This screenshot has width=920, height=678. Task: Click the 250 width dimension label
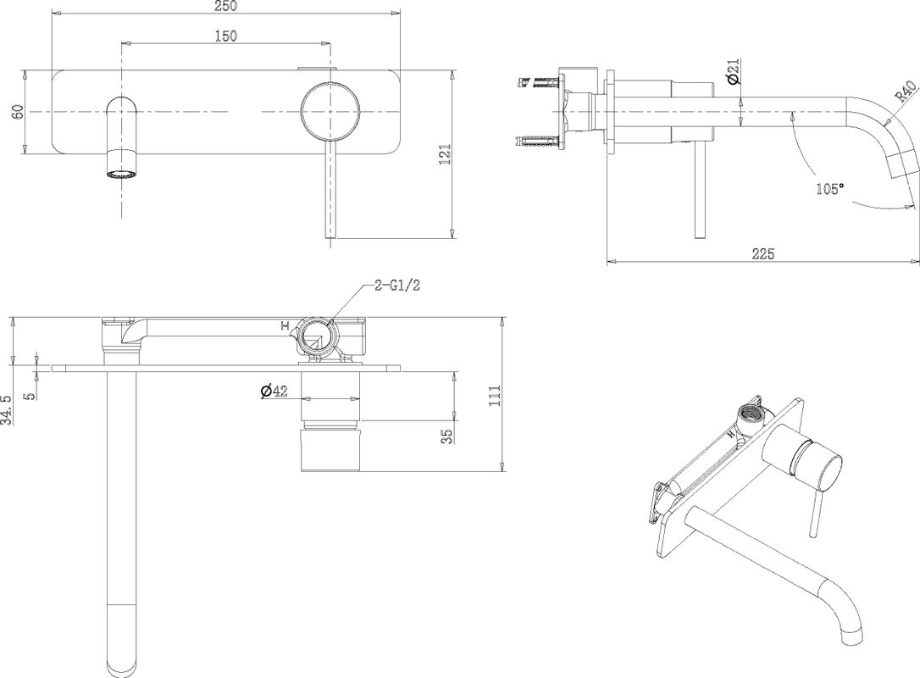[225, 6]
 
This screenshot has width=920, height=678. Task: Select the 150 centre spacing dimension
[225, 36]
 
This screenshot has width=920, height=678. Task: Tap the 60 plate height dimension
[18, 112]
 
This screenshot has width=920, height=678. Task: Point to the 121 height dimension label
[446, 154]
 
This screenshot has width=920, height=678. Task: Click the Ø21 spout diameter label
[732, 71]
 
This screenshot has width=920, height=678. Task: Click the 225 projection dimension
[763, 253]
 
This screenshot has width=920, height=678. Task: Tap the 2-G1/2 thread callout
[398, 286]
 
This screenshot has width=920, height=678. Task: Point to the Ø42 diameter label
[274, 391]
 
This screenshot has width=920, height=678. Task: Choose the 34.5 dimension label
[7, 409]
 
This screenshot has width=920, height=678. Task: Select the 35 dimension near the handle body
[446, 436]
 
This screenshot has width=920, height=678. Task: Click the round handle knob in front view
[330, 112]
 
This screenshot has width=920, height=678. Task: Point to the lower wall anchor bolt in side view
[536, 141]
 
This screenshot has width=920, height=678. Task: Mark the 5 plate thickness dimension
[31, 395]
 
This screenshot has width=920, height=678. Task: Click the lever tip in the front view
[331, 234]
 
